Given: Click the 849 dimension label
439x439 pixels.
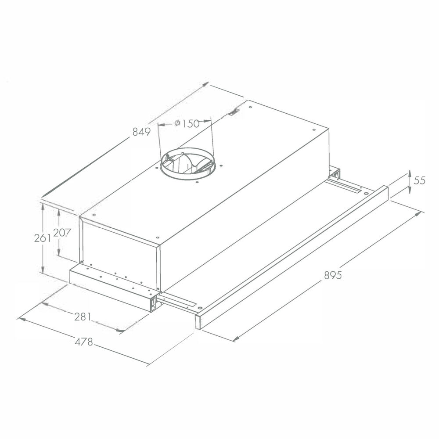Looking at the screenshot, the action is coord(141,132).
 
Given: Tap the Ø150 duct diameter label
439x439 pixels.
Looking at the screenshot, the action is coord(187,123).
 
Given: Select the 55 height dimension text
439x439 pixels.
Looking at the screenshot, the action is coord(419,180).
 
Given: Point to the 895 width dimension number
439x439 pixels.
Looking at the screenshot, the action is coord(333,275).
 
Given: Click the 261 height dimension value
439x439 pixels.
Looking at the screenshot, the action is coord(43,238).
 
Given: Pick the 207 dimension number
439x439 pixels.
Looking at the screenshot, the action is coord(62,232).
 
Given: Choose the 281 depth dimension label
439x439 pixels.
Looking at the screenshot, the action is coord(83,317).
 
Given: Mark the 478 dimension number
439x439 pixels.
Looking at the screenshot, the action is coord(84,342).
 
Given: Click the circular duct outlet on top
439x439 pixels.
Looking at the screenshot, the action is coord(188,164).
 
